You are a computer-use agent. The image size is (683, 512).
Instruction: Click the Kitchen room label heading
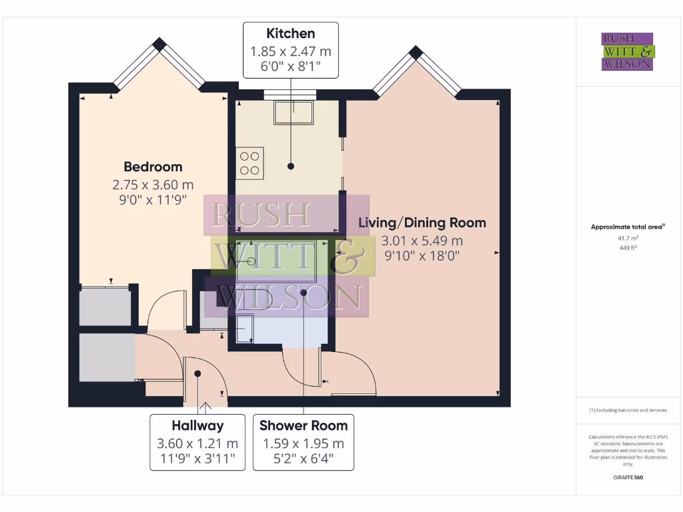click(x=291, y=33)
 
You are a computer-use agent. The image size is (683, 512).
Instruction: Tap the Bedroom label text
click(x=153, y=167)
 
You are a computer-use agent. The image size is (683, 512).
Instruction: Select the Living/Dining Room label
click(x=422, y=223)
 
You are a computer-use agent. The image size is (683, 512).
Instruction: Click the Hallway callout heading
click(x=197, y=425)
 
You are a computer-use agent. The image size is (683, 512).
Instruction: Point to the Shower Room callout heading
click(x=303, y=425)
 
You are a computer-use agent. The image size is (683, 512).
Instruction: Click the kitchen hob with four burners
click(x=250, y=163)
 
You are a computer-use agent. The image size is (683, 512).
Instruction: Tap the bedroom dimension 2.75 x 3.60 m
click(x=153, y=185)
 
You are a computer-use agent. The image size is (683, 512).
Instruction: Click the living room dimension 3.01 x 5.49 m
click(x=422, y=241)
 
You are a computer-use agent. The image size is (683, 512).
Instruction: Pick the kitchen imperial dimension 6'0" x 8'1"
click(x=291, y=66)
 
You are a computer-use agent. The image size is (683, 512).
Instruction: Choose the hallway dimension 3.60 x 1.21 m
click(x=197, y=443)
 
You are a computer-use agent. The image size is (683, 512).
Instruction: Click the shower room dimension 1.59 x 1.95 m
click(x=303, y=443)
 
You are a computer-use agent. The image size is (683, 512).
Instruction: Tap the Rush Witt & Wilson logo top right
click(x=628, y=52)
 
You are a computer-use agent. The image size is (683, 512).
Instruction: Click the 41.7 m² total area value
click(x=628, y=238)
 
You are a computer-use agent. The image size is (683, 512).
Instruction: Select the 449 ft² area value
click(x=628, y=247)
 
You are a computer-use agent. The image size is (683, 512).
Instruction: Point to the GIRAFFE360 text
click(x=628, y=477)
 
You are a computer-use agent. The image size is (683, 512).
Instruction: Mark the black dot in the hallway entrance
click(x=197, y=374)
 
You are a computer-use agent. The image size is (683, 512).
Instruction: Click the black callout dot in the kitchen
click(x=291, y=166)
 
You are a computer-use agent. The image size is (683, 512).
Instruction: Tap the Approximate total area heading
click(x=628, y=227)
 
